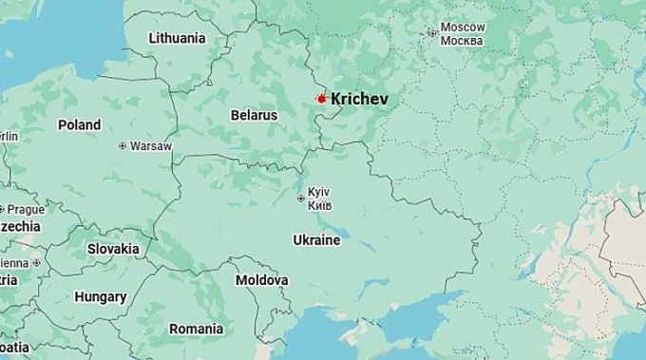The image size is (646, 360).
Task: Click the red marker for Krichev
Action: point(321,99)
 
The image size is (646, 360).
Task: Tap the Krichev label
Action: point(359,99)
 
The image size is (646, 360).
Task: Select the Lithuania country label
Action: point(177,38)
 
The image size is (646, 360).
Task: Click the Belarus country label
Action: point(254,115)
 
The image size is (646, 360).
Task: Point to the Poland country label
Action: point(79,124)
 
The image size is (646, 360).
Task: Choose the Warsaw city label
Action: point(151,146)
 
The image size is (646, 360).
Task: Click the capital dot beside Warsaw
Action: point(123,146)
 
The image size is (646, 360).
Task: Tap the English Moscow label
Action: point(463,28)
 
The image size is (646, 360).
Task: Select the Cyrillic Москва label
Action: point(463,41)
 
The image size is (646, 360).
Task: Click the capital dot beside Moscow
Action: point(432,33)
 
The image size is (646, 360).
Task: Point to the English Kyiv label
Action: point(319,192)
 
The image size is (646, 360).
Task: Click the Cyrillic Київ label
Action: point(319,205)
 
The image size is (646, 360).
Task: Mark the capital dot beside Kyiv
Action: point(301,199)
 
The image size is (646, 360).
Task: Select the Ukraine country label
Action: point(316,240)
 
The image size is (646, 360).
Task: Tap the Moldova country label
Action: point(261,280)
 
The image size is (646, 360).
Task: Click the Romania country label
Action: point(196,329)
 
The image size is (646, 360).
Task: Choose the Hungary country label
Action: point(101,296)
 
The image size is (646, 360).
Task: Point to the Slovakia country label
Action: point(113,249)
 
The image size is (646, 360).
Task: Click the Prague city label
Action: point(27,209)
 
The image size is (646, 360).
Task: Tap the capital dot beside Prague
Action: point(2,209)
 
